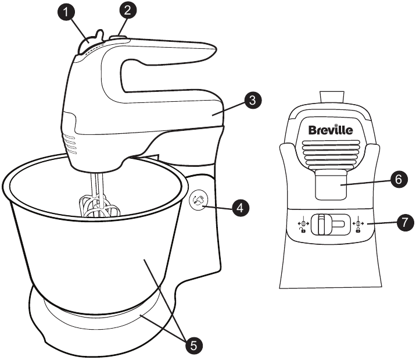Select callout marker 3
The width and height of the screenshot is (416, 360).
(250, 99)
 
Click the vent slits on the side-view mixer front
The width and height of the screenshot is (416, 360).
(68, 143)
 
